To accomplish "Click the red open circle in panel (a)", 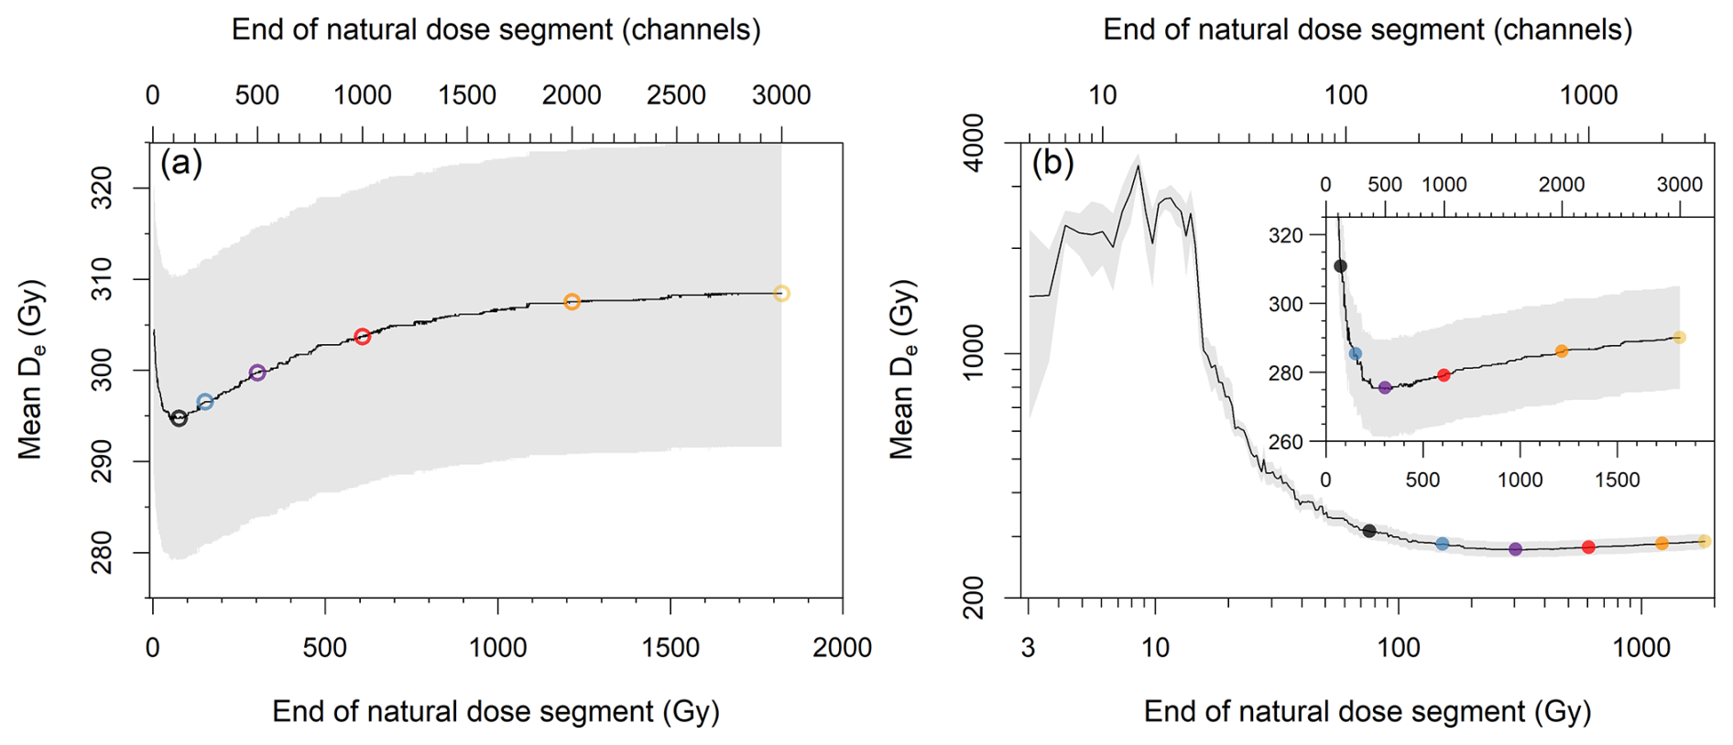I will (362, 337).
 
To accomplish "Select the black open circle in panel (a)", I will (180, 418).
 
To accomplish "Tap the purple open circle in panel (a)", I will (257, 372).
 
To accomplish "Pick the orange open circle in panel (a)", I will (572, 302).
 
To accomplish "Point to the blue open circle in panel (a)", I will (205, 402).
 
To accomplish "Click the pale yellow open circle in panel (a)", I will (781, 294).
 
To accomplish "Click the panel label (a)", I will (180, 163).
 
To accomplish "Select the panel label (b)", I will (1052, 163).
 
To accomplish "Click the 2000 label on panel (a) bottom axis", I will (842, 648).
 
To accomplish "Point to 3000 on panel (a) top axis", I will (780, 95).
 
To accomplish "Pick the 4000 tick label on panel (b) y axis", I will (975, 143).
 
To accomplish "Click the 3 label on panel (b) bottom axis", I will (1029, 648).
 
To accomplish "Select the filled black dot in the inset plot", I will (1340, 266).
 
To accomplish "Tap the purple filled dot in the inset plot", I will (1385, 388).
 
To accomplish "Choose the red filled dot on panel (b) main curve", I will (1588, 547).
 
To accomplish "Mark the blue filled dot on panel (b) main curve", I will (1443, 544).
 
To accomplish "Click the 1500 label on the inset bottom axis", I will (1618, 480).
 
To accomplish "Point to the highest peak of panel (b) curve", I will (1139, 166).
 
